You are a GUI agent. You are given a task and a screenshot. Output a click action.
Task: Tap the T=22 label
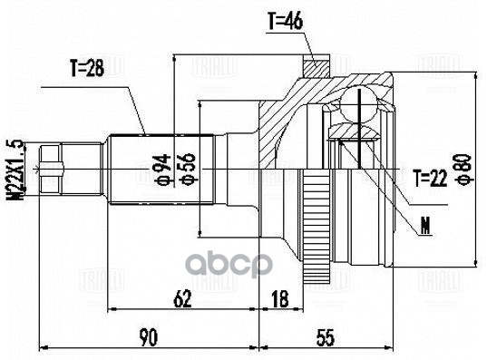430,178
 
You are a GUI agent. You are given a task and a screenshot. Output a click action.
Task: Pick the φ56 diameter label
188,169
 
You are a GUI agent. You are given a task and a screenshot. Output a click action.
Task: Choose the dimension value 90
149,337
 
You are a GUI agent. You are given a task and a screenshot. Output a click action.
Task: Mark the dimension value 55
326,337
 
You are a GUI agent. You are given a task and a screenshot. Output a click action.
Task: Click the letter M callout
424,223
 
